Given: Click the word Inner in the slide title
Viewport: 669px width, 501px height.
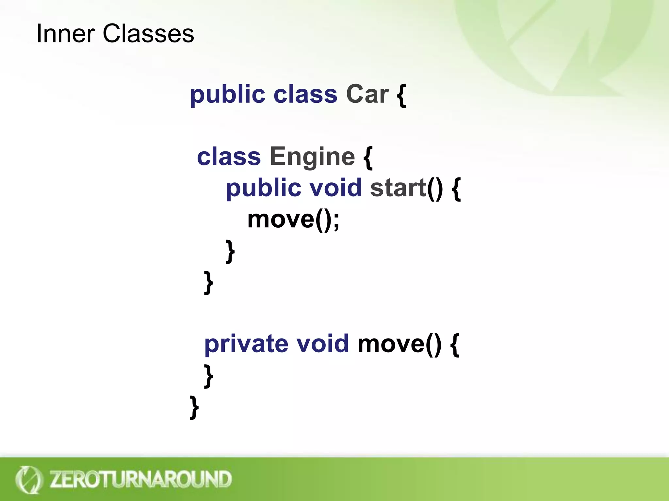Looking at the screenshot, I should [x=65, y=34].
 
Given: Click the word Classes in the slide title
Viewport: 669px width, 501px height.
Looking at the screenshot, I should [x=148, y=34].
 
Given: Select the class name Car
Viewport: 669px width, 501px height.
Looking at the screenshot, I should [x=367, y=95].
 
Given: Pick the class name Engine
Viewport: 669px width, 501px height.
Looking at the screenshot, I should [x=312, y=157].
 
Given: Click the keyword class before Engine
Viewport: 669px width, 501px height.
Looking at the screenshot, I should [x=229, y=157].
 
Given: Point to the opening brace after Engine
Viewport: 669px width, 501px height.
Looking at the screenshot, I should [x=368, y=158].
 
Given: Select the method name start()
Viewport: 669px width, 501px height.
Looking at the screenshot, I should [x=406, y=188].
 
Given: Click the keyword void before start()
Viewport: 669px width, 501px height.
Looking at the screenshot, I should [x=335, y=188].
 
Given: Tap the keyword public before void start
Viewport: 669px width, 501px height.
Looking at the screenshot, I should [x=263, y=189].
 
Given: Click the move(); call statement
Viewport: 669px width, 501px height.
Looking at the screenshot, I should [x=293, y=220].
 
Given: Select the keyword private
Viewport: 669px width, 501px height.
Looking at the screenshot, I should [x=246, y=344].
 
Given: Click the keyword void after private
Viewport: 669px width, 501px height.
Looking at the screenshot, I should [x=322, y=344].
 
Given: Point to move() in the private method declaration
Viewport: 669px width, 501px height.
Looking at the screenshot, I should [x=399, y=344].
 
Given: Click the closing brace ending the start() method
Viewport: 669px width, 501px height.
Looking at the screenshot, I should [x=230, y=251].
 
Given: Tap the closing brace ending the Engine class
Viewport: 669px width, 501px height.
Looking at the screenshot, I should [x=208, y=282].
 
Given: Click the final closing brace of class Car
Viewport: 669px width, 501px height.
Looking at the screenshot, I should [x=194, y=407].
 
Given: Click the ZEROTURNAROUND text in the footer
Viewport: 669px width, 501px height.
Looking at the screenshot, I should [x=140, y=479].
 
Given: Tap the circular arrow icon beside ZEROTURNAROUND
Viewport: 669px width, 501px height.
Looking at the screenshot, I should [x=29, y=479].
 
